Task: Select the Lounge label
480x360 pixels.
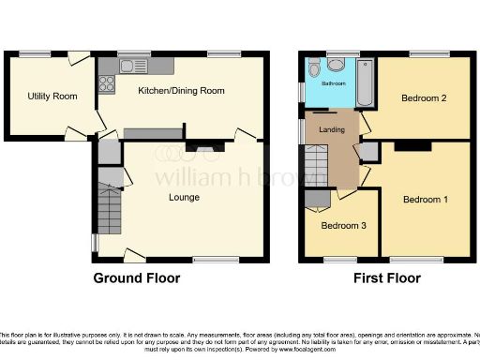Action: click(x=184, y=197)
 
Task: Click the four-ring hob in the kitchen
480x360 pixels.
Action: click(x=107, y=82)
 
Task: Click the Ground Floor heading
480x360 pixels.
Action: click(x=136, y=277)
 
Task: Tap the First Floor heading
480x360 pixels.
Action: click(x=386, y=277)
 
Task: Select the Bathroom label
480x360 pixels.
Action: click(x=335, y=83)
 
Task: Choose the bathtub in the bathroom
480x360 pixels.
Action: click(x=365, y=81)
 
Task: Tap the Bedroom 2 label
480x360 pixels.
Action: click(x=423, y=97)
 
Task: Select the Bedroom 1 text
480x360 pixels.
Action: click(x=426, y=200)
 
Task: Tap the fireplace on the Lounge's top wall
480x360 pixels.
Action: click(x=203, y=147)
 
